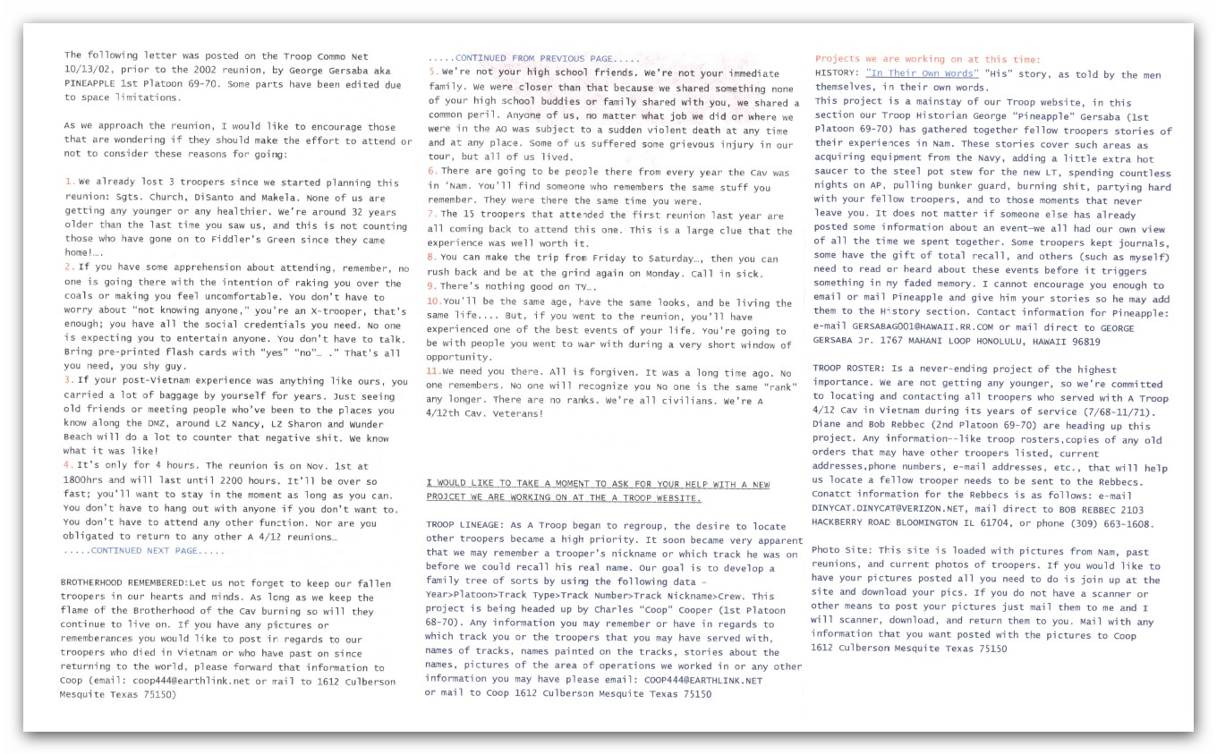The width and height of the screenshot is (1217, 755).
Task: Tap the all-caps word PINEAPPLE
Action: click(94, 85)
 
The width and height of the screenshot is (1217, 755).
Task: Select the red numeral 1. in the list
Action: click(70, 182)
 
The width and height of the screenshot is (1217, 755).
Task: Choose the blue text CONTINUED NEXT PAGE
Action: click(144, 551)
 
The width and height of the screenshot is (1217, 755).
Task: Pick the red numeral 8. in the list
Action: click(432, 259)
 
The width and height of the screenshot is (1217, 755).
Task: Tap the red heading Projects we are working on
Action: click(927, 59)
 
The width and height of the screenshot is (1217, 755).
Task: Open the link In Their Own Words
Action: click(921, 73)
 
